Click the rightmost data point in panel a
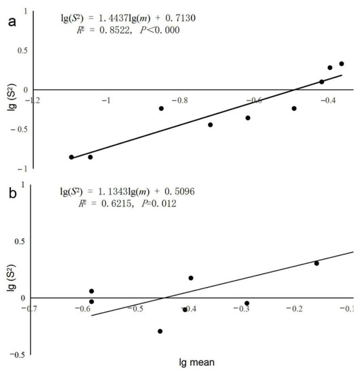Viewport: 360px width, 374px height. [x=342, y=64]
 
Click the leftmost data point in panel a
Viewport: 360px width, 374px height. [x=71, y=157]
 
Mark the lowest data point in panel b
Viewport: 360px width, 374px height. [x=160, y=331]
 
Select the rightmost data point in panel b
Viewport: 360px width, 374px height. [x=317, y=263]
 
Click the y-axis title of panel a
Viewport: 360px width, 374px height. [x=8, y=96]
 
